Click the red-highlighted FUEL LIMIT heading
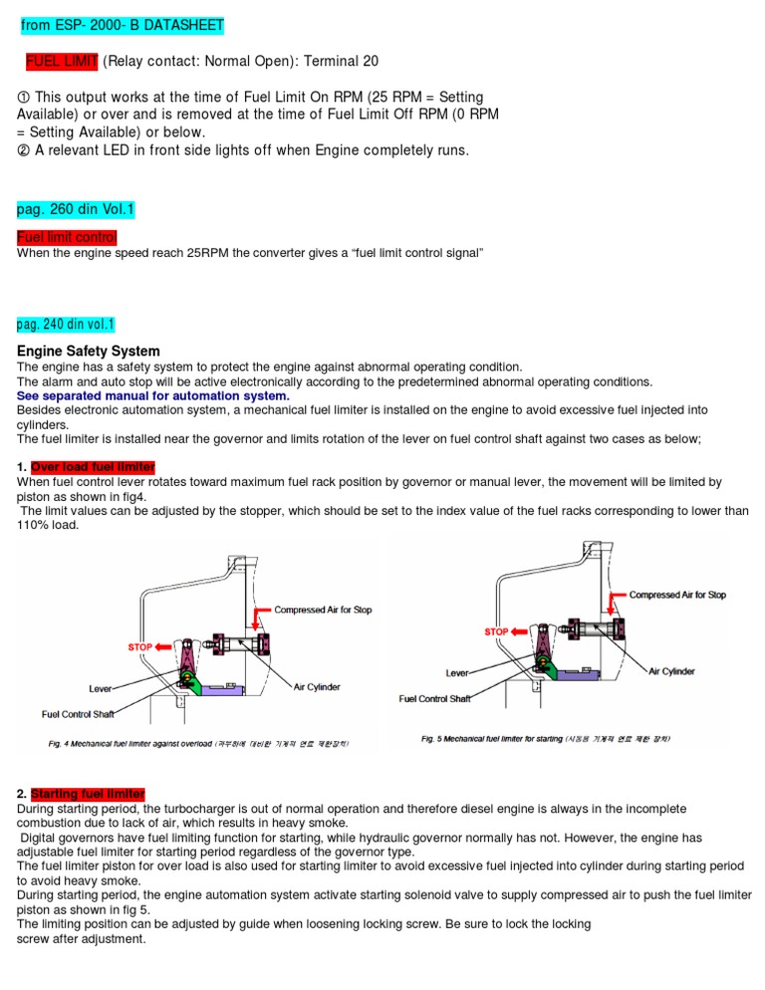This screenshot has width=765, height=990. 62,62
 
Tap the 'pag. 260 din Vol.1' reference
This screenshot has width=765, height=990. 76,210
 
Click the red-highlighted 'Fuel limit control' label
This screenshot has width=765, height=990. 67,237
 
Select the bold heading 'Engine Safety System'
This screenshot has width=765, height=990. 89,351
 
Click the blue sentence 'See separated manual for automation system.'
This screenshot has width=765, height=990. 152,395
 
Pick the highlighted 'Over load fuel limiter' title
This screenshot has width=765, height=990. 93,467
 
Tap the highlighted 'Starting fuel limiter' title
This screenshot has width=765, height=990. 88,794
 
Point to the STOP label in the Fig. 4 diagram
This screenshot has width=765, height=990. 140,646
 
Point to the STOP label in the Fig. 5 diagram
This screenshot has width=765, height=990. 497,631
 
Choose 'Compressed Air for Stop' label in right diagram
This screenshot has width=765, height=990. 677,595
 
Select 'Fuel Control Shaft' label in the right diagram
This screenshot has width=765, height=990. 434,698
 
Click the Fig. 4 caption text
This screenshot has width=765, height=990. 198,743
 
